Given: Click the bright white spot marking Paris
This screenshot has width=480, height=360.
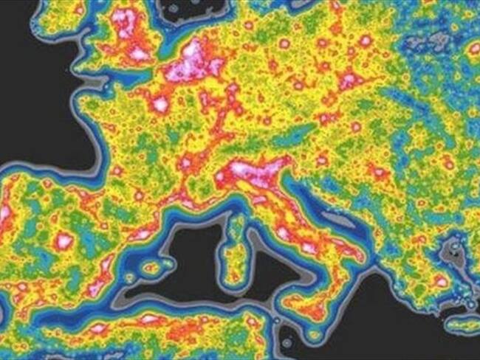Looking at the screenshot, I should click(159, 105).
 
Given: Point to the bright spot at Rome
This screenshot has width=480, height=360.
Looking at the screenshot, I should click(283, 234).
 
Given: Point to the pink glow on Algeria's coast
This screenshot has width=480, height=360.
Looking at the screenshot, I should click(148, 319).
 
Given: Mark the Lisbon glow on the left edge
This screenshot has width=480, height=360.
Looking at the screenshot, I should click(4, 214).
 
